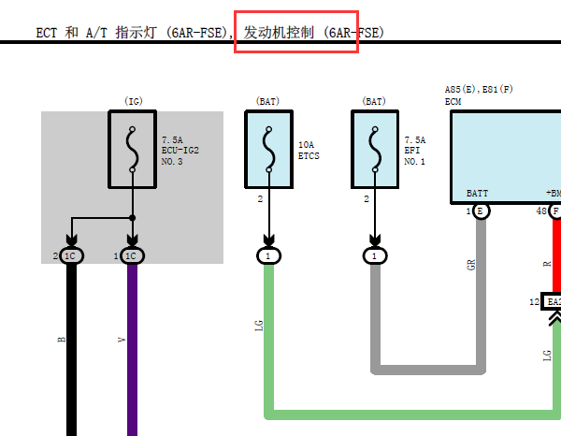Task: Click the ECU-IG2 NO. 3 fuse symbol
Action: click(133, 150)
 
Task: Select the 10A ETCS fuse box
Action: click(268, 150)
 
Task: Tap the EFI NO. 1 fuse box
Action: click(375, 150)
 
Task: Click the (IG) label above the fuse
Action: click(134, 101)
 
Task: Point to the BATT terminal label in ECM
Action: click(477, 194)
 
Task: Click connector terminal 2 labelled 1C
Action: click(71, 256)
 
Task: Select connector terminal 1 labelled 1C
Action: click(132, 256)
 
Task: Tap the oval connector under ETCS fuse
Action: click(268, 256)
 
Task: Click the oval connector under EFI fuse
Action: click(375, 256)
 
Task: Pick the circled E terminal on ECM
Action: click(482, 211)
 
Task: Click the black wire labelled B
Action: click(72, 350)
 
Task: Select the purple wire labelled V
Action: click(133, 350)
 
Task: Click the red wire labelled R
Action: click(557, 255)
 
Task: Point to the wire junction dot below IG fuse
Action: click(133, 218)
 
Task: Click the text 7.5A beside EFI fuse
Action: click(415, 140)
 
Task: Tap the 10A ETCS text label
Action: click(309, 151)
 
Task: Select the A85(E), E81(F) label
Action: click(479, 89)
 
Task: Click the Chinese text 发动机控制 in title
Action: click(279, 33)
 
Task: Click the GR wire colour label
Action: click(471, 265)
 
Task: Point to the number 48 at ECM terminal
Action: click(541, 211)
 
